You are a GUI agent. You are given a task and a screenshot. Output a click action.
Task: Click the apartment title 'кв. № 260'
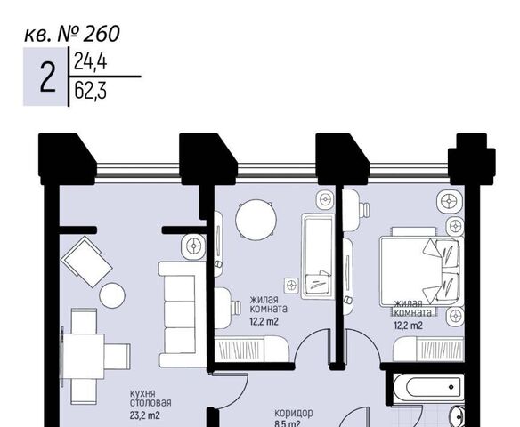pyautogui.click(x=72, y=34)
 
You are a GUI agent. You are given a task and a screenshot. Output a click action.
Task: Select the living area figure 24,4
pyautogui.click(x=90, y=61)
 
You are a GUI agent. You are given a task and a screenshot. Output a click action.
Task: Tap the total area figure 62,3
pyautogui.click(x=90, y=91)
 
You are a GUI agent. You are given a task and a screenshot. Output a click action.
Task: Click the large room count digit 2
pyautogui.click(x=48, y=78)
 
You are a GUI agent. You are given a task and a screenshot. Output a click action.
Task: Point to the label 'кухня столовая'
pyautogui.click(x=150, y=399)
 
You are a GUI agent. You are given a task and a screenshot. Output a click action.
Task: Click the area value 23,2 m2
pyautogui.click(x=145, y=415)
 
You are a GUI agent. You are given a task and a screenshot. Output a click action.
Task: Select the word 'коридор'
pyautogui.click(x=294, y=413)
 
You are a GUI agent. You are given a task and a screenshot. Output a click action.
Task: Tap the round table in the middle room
pyautogui.click(x=256, y=220)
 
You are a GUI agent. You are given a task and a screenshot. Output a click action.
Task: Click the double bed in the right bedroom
pyautogui.click(x=422, y=270)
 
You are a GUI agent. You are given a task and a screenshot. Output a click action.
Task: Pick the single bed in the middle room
pyautogui.click(x=317, y=257)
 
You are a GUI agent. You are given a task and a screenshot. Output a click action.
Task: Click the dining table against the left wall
pyautogui.click(x=83, y=357)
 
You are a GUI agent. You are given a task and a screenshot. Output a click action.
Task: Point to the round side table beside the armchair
pyautogui.click(x=112, y=295)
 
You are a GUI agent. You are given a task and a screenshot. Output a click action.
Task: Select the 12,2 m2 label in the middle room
pyautogui.click(x=264, y=321)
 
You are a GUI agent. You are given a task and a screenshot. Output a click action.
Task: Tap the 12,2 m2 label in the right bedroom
pyautogui.click(x=408, y=326)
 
